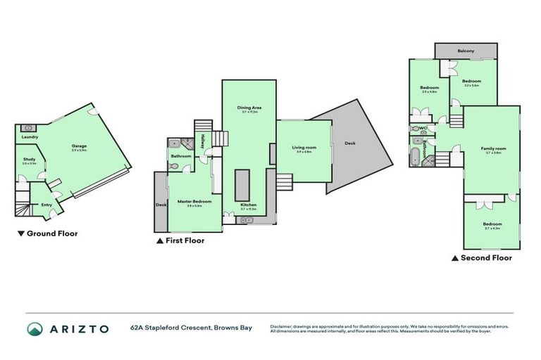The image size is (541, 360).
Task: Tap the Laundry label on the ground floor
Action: [30, 137]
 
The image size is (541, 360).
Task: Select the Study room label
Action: [29, 160]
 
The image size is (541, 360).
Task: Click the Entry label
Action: [46, 205]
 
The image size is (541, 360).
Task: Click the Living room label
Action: [304, 148]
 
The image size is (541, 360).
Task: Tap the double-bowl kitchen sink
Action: [247, 220]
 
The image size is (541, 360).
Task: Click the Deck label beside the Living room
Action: [350, 143]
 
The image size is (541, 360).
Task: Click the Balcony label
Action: [465, 51]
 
